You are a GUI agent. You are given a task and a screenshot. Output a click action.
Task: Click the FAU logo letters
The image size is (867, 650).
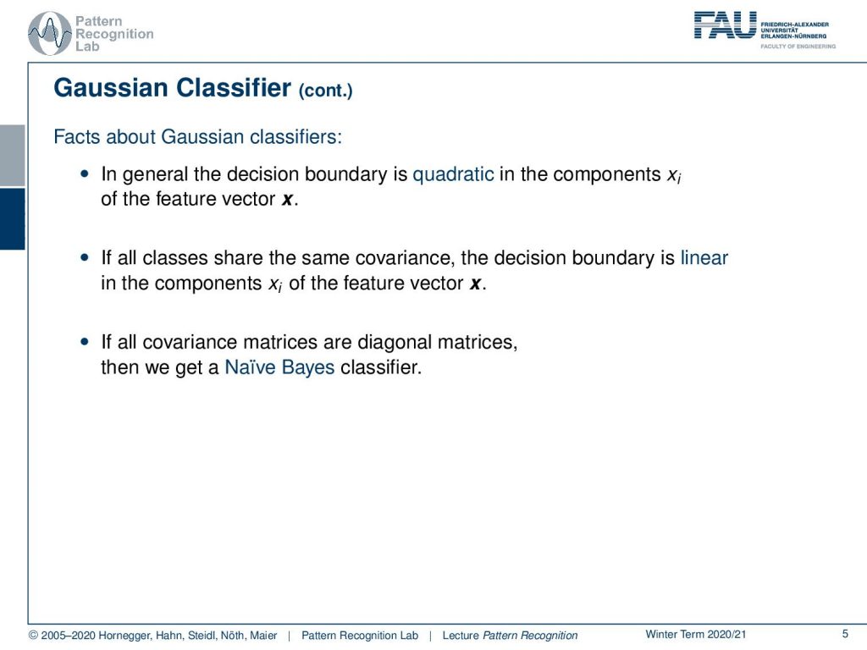pos(725,25)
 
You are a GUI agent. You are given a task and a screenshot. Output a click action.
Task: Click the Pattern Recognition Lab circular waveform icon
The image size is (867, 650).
pos(50,33)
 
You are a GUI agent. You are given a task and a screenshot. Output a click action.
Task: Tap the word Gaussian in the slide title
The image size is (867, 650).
pos(111,88)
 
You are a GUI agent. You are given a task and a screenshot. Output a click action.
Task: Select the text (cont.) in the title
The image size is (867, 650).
pos(325,90)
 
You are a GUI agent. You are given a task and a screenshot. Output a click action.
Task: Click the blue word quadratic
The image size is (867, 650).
pos(454,174)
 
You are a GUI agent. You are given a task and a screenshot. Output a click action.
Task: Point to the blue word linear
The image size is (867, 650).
pos(704,257)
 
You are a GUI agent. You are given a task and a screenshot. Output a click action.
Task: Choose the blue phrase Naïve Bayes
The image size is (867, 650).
pos(279,367)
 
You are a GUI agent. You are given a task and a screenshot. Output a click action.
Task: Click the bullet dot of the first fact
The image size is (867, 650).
pos(84,174)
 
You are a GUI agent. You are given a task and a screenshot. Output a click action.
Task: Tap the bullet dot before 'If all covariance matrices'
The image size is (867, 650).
pos(84,342)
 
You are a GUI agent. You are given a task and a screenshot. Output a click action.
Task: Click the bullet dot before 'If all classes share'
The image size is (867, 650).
pos(84,257)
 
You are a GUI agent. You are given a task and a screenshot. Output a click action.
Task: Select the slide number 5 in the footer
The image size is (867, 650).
pos(845,634)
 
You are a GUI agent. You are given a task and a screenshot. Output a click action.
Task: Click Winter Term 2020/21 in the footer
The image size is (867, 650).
pos(696,635)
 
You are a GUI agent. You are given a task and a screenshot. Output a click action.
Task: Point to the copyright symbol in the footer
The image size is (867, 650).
pos(33,635)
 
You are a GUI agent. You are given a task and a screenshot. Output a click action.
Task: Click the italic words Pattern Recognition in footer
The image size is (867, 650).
pos(530,636)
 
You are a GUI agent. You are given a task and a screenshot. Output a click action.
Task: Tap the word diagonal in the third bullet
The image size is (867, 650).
pos(395,343)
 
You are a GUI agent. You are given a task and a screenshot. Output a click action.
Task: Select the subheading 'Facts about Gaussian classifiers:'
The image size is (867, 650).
pos(197,136)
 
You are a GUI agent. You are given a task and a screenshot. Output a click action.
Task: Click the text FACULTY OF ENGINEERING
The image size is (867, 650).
pos(798,47)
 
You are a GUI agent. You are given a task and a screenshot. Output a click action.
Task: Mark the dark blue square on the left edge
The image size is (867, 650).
pos(12,219)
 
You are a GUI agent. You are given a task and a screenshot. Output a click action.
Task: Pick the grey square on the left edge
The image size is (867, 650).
pos(12,156)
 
